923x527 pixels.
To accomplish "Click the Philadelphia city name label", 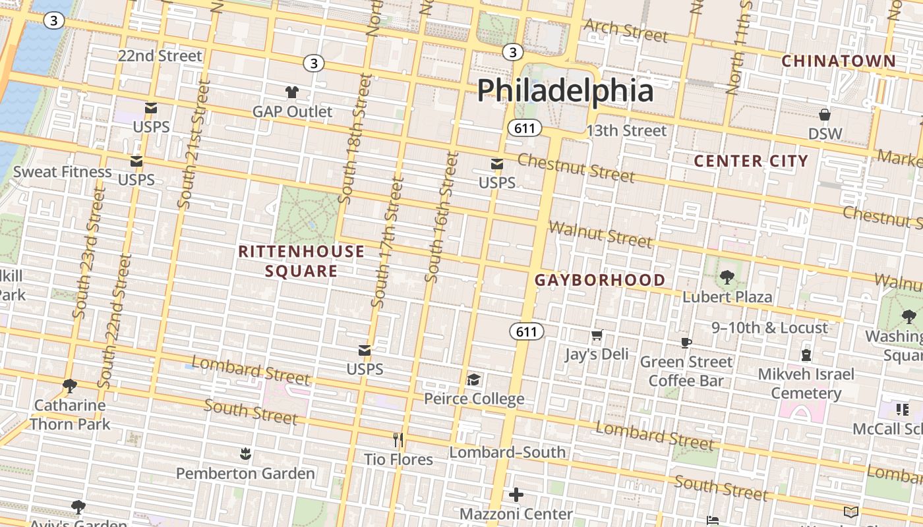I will (565, 90).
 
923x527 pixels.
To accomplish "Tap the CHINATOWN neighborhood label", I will (839, 61).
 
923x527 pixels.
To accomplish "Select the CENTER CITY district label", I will (751, 161).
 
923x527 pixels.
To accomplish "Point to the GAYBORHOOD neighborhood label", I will (600, 280).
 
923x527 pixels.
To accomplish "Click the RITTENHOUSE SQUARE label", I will (301, 261).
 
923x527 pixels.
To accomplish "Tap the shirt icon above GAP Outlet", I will (291, 92).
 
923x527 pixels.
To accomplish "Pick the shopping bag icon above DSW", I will (824, 115).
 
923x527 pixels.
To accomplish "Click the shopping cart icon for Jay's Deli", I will (597, 335).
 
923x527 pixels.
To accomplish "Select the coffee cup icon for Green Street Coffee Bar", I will (686, 343).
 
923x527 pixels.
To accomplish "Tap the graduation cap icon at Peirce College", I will (473, 379).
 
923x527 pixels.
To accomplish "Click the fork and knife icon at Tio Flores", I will (398, 439).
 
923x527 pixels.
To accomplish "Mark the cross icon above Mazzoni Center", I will (516, 494).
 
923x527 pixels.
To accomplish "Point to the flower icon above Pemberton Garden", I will (245, 454).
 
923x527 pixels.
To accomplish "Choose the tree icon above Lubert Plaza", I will (727, 277).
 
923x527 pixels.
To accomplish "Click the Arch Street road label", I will (626, 30).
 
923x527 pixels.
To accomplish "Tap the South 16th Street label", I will (442, 217).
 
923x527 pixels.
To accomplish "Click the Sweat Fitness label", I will (63, 172).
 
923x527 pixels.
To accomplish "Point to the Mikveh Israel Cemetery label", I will (806, 383).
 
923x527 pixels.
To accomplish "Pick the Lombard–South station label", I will (507, 452).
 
